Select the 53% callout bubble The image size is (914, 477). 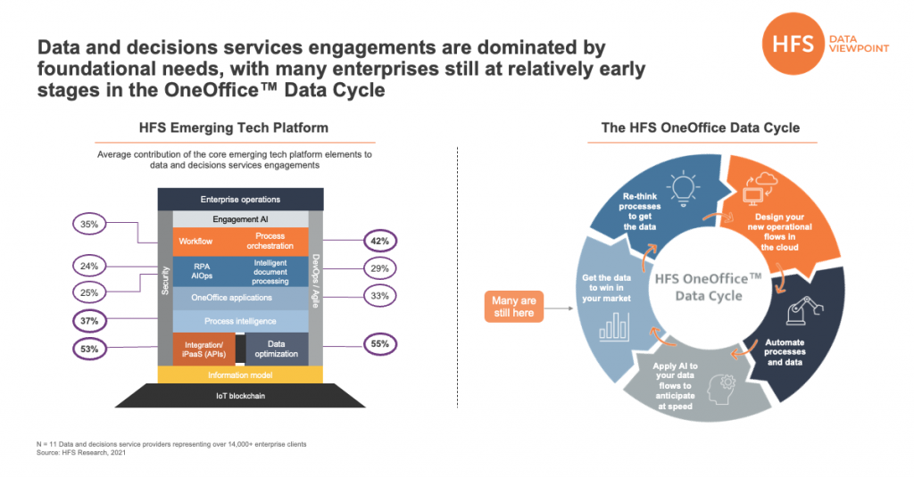pos(88,348)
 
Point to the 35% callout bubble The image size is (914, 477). pos(88,225)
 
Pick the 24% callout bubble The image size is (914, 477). pos(88,265)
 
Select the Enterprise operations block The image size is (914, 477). pos(240,199)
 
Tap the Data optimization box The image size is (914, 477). pos(277,348)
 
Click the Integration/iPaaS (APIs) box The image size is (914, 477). pos(204,348)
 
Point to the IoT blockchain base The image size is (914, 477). pos(240,395)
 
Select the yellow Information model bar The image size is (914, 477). pos(240,375)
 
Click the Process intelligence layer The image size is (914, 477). pos(240,320)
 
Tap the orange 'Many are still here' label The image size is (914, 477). pos(514,308)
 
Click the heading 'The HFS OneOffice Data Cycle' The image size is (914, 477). pos(700,127)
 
